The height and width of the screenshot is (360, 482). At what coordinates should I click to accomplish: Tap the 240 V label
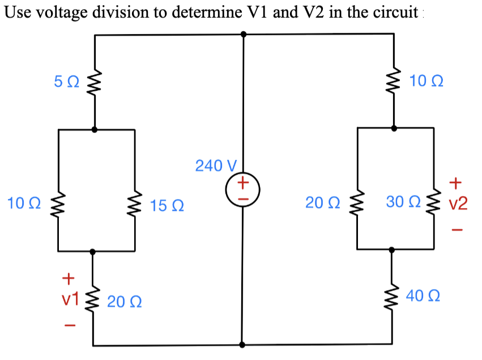pos(215,166)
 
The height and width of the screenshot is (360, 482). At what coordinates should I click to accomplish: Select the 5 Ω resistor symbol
pos(94,83)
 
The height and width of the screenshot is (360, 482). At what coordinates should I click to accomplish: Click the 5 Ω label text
pos(67,83)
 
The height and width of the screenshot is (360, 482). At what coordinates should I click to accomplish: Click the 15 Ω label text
pos(167,205)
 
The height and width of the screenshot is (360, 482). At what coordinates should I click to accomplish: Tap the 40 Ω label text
pos(423,296)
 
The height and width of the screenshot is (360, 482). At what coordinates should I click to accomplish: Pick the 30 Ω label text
pos(402,202)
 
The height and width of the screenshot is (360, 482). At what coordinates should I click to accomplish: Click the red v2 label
pos(458,203)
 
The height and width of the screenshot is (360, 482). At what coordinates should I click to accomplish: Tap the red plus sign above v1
pos(69,278)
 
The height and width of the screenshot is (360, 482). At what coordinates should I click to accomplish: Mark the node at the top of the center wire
pos(244,34)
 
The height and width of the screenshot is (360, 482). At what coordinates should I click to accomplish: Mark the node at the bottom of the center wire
pos(243,344)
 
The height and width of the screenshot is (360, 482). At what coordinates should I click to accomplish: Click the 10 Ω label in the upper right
pos(425,82)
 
